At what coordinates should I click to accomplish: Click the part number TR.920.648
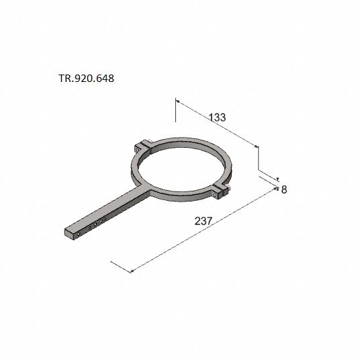[87, 79]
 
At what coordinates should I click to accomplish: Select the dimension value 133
[218, 118]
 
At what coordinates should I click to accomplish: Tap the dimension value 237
[204, 221]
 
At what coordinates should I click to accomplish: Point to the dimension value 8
[284, 189]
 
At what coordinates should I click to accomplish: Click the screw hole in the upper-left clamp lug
[138, 150]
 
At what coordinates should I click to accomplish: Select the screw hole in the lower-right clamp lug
[215, 195]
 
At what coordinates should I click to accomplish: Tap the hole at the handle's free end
[79, 234]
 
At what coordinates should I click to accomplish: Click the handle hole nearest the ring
[105, 219]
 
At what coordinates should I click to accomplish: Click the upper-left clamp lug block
[142, 147]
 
